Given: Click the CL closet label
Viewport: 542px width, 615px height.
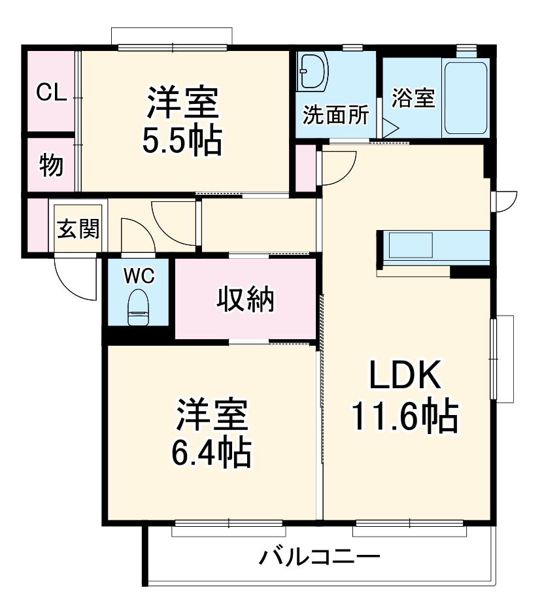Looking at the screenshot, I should tap(51, 92).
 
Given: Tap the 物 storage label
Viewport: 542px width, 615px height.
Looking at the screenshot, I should tap(51, 165).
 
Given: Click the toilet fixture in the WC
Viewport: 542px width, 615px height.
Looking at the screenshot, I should tap(138, 308).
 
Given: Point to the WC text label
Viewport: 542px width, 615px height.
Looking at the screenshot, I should tap(139, 276).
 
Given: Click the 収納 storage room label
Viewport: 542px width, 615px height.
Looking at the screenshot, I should tap(246, 299).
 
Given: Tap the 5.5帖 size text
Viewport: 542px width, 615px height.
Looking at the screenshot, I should tap(182, 140).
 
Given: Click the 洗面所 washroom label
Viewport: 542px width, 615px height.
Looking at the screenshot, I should tap(335, 115).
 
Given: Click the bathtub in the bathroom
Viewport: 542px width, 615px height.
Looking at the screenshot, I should tap(466, 97).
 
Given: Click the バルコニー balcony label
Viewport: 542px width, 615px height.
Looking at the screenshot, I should tap(320, 558).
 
